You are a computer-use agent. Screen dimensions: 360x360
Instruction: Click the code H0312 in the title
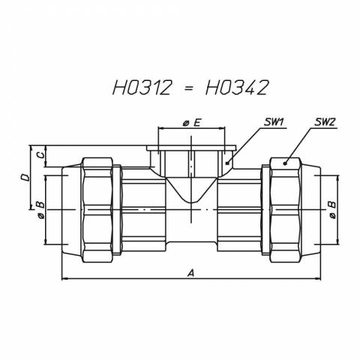point(142,88)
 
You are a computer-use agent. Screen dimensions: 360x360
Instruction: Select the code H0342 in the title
point(237,88)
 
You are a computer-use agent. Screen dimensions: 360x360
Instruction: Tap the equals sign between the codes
point(189,88)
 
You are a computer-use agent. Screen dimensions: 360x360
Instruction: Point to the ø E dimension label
point(192,122)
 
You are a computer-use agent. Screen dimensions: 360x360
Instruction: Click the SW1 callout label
point(273,122)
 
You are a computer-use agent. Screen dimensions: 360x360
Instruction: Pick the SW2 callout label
point(325,122)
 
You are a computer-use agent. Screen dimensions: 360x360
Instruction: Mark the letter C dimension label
point(40,155)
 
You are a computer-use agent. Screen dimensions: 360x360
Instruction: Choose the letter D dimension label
point(25,178)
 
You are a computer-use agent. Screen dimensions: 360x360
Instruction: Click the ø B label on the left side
point(40,209)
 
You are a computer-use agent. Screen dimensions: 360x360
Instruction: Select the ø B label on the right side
point(332,209)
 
